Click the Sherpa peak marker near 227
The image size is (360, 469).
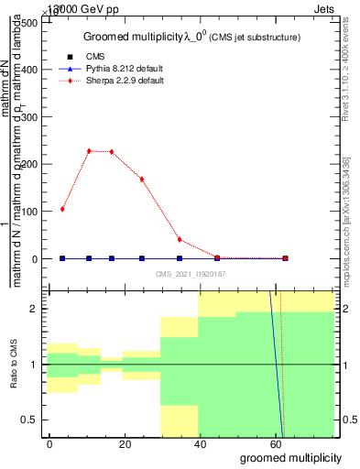click(x=89, y=151)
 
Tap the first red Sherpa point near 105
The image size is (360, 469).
click(x=62, y=209)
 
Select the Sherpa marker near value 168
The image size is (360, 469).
click(x=142, y=179)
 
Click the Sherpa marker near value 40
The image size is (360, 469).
click(x=180, y=239)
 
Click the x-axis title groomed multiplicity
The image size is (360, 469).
click(x=290, y=457)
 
